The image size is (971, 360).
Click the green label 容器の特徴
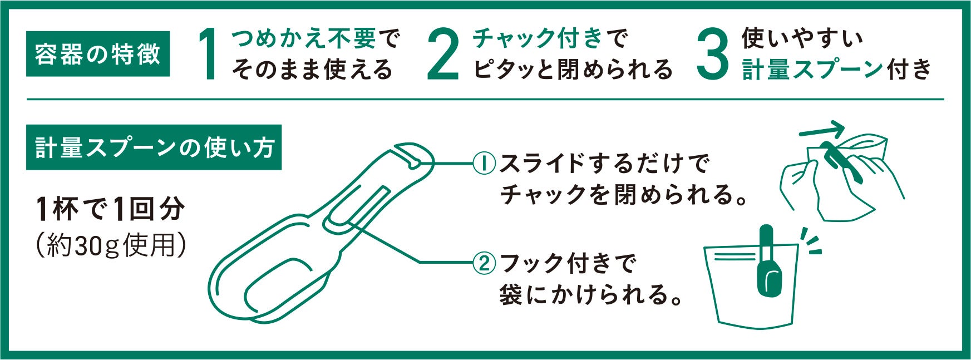[98, 54]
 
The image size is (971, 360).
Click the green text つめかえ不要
[304, 39]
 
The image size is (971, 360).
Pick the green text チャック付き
[538, 39]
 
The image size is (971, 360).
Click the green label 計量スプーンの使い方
[154, 148]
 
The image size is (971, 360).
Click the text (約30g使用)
[110, 244]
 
